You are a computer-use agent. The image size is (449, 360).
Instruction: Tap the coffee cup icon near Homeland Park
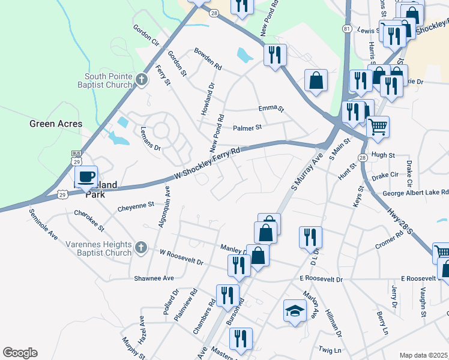86,176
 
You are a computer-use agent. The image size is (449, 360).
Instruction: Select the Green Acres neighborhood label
56,124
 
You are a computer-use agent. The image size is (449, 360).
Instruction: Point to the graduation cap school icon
295,311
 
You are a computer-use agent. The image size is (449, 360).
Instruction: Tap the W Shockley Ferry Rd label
207,164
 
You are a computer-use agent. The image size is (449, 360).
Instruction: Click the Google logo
20,353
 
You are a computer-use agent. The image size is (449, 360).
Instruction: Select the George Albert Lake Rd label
415,193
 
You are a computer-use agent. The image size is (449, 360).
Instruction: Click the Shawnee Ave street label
154,278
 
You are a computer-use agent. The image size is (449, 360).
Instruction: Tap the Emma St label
271,109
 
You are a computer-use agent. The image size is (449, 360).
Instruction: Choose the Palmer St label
248,128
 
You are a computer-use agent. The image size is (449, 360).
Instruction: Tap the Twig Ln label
330,350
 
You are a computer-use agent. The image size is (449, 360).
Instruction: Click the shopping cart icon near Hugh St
378,127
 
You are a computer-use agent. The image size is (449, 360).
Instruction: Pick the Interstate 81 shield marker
347,29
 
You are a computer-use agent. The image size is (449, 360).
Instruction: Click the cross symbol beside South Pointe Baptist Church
141,80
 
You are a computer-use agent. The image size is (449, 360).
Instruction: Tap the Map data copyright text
424,355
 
